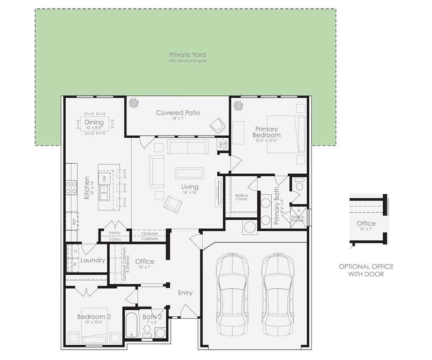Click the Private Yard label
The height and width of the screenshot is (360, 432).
(x=187, y=55)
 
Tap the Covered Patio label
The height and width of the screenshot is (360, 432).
(x=178, y=113)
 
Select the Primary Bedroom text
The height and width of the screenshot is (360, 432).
(x=267, y=132)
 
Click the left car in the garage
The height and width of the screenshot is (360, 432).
(x=233, y=293)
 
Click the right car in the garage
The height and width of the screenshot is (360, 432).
(x=277, y=293)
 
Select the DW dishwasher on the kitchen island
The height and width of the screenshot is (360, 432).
(x=104, y=178)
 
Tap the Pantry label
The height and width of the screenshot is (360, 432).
(x=114, y=233)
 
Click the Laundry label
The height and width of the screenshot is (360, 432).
(x=92, y=260)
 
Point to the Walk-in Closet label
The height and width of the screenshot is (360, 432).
(x=241, y=198)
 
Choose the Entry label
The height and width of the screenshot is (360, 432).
(x=185, y=293)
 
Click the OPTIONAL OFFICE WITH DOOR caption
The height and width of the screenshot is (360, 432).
(x=366, y=270)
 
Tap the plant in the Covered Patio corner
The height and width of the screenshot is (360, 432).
(x=133, y=104)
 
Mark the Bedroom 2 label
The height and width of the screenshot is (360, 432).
(x=94, y=317)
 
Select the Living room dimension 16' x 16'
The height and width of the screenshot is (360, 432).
(x=190, y=193)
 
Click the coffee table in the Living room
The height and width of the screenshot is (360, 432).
(x=190, y=173)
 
